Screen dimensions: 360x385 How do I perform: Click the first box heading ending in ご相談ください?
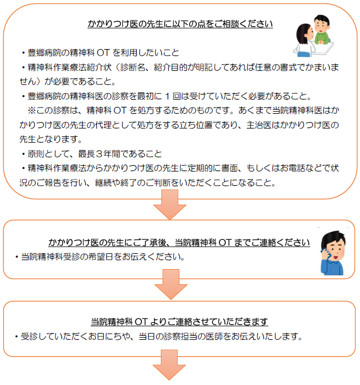tap(180, 24)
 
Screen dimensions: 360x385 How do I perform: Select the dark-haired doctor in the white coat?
tap(305, 40)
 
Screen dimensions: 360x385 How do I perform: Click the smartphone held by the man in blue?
tap(325, 254)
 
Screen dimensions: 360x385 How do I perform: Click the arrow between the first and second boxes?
tap(170, 205)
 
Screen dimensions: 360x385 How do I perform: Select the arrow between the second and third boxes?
tap(171, 284)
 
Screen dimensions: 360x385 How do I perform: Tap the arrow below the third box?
tap(169, 365)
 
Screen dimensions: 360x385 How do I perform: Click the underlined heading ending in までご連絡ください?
tap(179, 242)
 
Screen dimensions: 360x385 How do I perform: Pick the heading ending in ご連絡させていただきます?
tap(179, 322)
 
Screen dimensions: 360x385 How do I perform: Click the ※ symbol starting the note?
tap(31, 111)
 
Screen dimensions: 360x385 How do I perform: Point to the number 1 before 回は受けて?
tap(167, 97)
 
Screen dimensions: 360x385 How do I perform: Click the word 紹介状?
tap(99, 67)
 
